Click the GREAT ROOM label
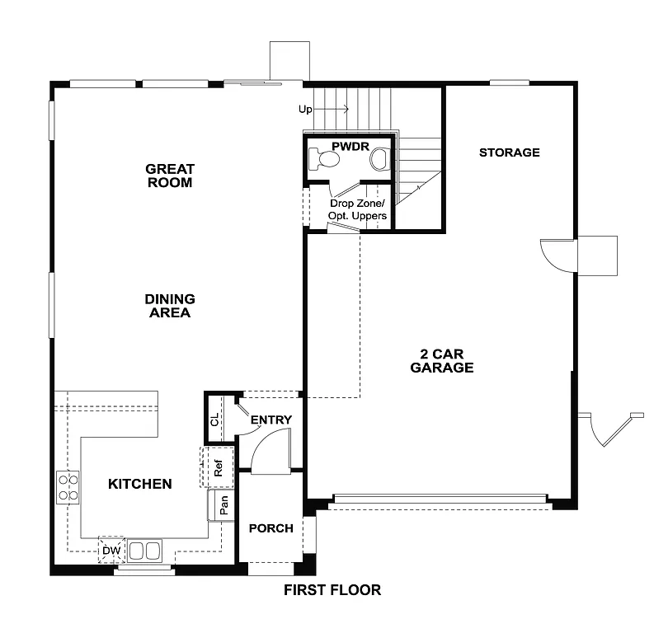[169, 176]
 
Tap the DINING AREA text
[169, 306]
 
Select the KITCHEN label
[140, 484]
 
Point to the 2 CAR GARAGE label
[442, 361]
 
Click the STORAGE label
[510, 152]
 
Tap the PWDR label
[347, 147]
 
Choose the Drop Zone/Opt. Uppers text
[358, 209]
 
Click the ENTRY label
[271, 420]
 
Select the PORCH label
[271, 528]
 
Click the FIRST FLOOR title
[332, 590]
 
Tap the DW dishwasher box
[111, 550]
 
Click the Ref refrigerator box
[219, 468]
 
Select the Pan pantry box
[223, 504]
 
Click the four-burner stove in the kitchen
[68, 487]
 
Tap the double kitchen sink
[144, 550]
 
